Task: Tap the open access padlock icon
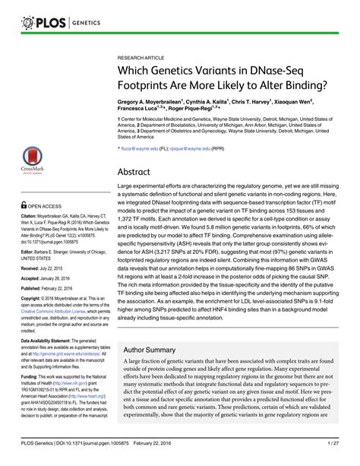coord(25,205)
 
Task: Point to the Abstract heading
coord(138,171)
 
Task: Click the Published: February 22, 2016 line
coord(47,290)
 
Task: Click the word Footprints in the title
coord(150,87)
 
